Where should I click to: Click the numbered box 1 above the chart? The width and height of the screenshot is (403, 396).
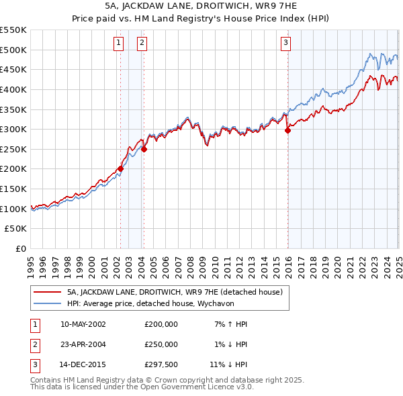tap(118, 44)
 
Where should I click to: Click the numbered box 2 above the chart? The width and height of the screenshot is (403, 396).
tap(142, 44)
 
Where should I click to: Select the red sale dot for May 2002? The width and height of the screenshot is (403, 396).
tap(121, 169)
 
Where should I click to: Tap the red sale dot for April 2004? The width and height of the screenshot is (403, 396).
tap(144, 149)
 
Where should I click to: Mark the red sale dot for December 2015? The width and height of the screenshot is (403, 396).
tap(287, 131)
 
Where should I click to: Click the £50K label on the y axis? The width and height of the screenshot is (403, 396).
tap(16, 229)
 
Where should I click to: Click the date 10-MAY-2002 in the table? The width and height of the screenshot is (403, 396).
tap(83, 324)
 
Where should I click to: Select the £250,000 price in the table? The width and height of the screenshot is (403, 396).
tap(161, 345)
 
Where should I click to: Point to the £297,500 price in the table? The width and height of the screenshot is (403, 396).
tap(161, 366)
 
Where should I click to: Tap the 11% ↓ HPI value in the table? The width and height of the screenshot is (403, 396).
tap(225, 366)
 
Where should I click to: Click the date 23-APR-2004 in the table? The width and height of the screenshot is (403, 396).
tap(83, 345)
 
